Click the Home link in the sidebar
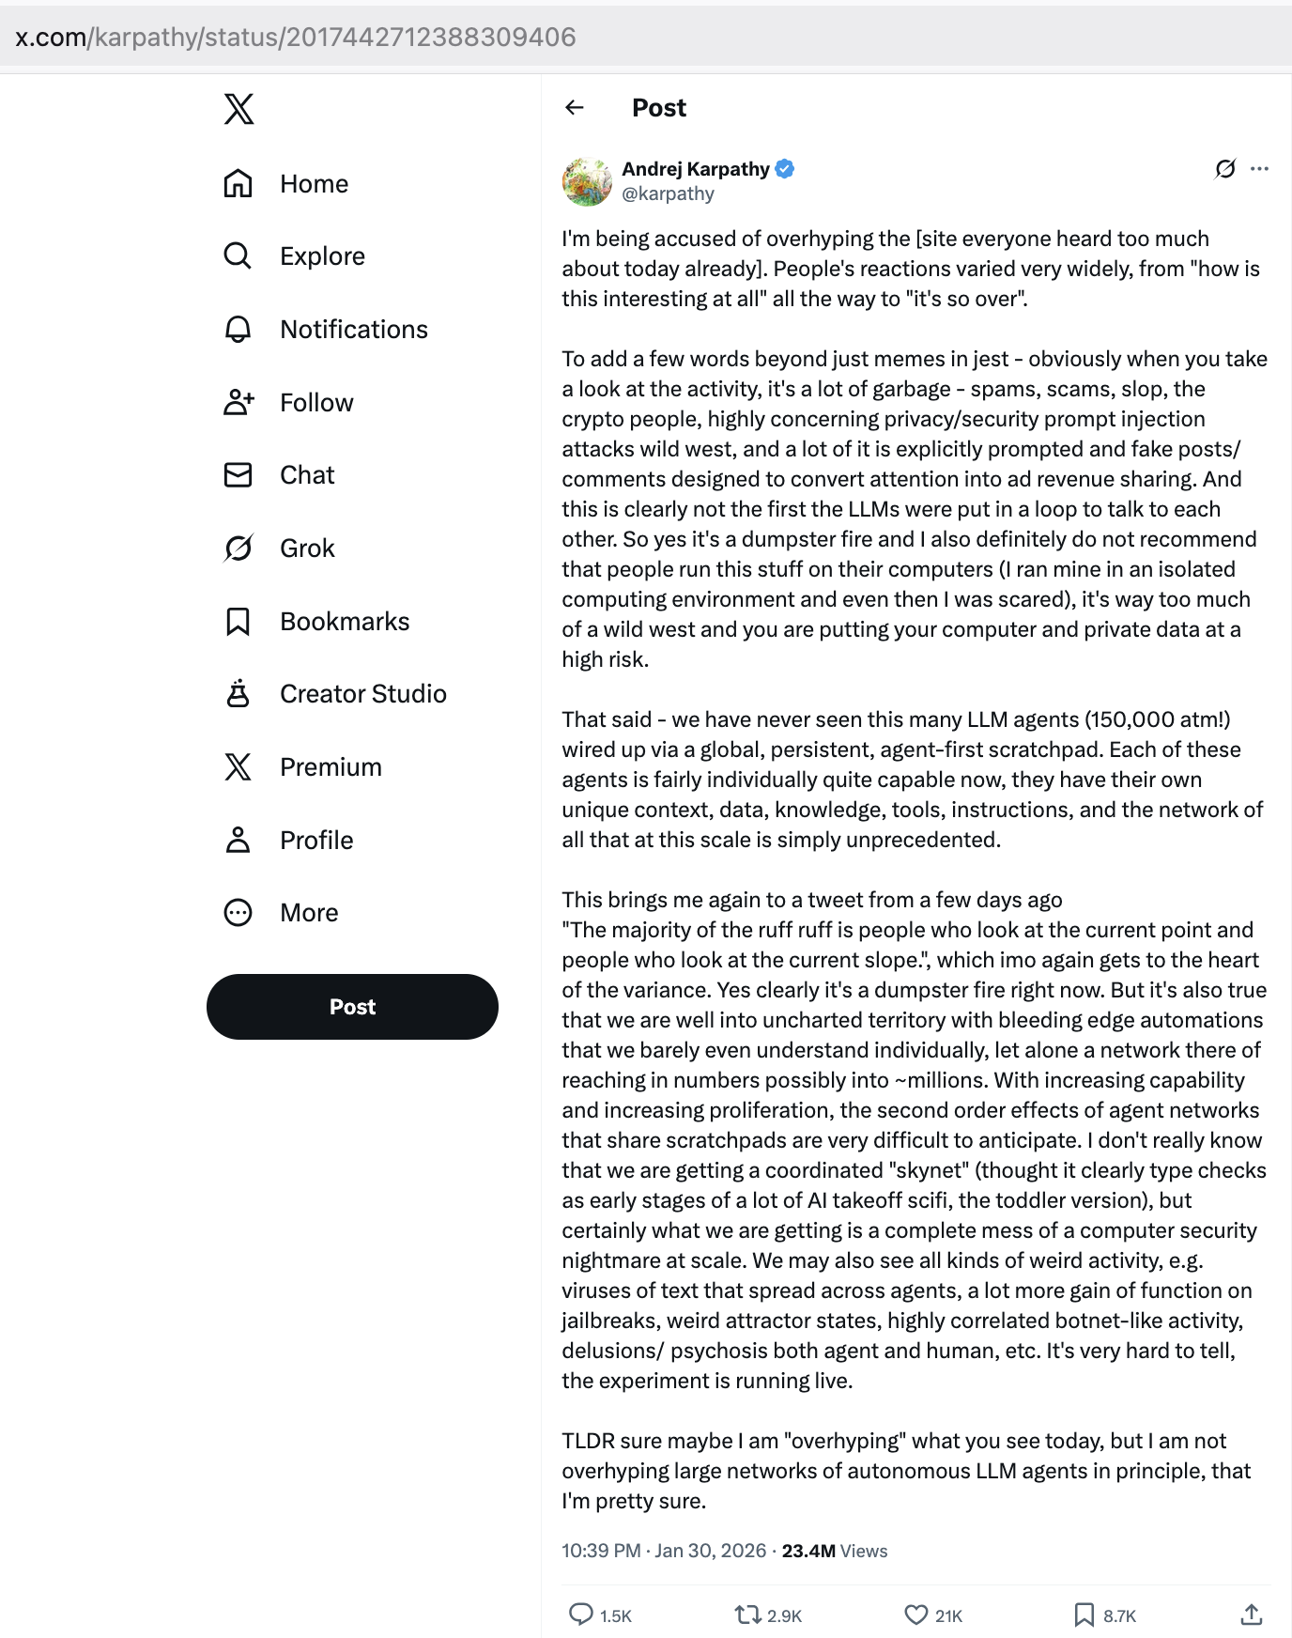click(314, 184)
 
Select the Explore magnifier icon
click(238, 256)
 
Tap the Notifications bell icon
click(238, 330)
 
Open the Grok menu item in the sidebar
click(307, 549)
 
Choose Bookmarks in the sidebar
click(345, 622)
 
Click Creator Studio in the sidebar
click(362, 694)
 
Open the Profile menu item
click(316, 841)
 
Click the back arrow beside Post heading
click(575, 108)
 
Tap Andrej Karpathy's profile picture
click(587, 181)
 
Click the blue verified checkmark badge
click(785, 169)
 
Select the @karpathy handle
click(668, 194)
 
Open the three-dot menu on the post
click(1259, 169)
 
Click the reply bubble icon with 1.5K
click(581, 1615)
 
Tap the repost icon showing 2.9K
click(747, 1615)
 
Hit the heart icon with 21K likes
click(915, 1615)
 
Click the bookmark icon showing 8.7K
click(1084, 1615)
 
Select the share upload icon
click(1251, 1615)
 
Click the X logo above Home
click(238, 109)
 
